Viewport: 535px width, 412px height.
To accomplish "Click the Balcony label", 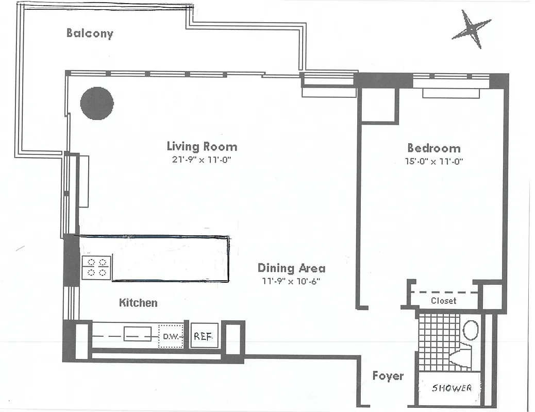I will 90,33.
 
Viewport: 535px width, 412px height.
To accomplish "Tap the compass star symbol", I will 471,29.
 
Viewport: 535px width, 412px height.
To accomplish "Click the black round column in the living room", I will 97,103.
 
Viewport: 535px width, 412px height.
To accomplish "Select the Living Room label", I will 202,146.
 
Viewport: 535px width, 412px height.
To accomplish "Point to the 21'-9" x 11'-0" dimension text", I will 201,160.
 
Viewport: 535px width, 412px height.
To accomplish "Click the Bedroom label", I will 433,148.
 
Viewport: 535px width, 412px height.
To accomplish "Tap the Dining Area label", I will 291,268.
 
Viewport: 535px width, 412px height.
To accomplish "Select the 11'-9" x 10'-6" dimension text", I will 291,281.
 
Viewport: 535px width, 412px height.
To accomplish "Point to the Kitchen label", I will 138,302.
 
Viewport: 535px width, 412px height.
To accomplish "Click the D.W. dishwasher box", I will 171,336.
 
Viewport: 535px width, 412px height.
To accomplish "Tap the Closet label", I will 443,300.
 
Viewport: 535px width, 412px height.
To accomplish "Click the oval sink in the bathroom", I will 471,330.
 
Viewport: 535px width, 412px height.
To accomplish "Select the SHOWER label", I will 451,388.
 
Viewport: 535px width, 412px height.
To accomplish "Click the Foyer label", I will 388,376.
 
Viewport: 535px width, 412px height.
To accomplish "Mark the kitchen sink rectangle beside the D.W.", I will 137,334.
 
